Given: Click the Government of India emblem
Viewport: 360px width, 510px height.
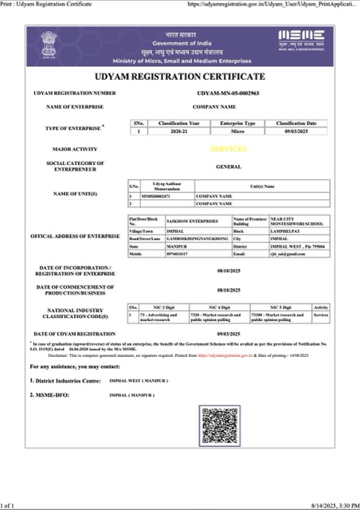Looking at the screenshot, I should point(44,45).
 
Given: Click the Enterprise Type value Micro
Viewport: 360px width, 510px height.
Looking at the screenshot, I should point(237,131).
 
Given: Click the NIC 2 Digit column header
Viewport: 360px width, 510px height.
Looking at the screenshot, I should point(164,306).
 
